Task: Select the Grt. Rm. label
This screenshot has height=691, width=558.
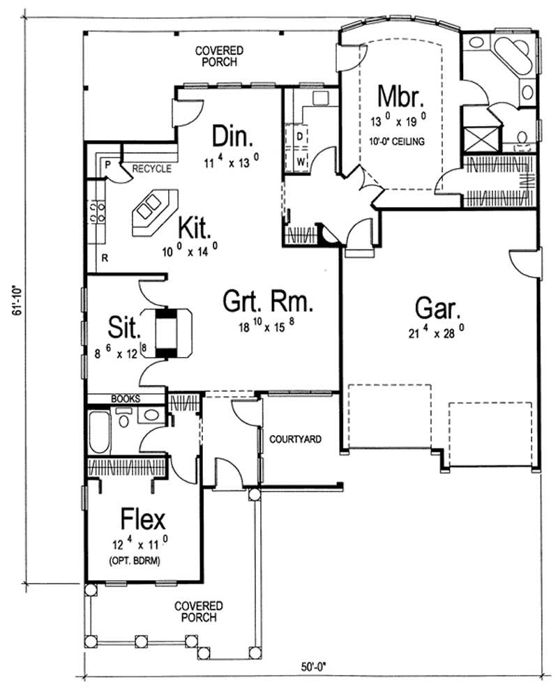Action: [267, 303]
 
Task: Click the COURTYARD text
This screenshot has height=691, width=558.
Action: [295, 439]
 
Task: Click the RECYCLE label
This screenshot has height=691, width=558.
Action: [151, 168]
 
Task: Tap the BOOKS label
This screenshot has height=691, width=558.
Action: [126, 399]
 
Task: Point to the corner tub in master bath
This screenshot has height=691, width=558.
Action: [515, 56]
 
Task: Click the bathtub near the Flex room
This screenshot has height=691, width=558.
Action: [99, 432]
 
